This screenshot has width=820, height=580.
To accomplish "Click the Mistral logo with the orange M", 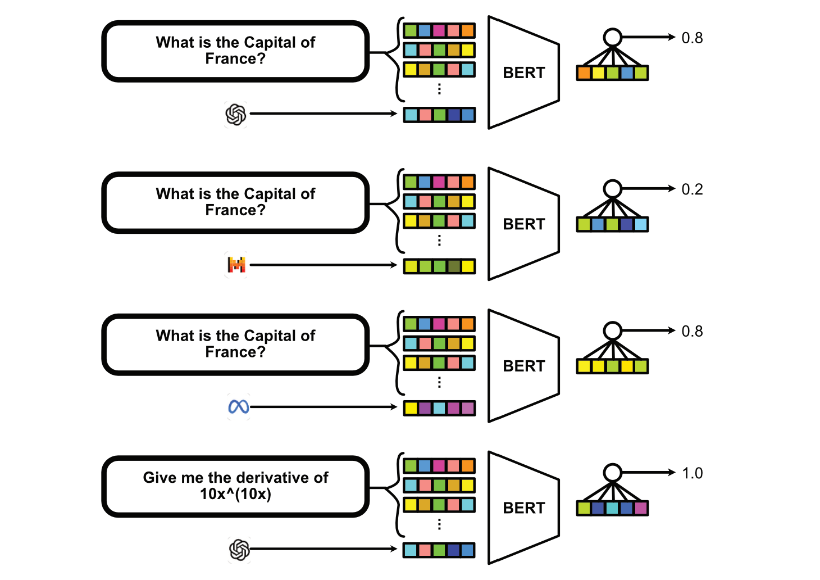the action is point(236,265).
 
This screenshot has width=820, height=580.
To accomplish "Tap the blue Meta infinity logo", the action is point(238,407).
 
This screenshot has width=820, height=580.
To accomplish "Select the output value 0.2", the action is point(692,189).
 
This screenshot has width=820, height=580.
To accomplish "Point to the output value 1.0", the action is point(693,473).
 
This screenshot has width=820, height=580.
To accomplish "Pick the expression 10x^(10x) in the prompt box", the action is point(235,494).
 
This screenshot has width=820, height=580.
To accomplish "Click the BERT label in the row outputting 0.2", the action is point(524,224).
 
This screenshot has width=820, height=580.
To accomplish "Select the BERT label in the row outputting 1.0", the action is point(524,508).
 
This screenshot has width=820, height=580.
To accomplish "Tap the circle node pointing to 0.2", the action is point(612,189).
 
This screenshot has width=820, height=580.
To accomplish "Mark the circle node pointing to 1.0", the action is point(612,473).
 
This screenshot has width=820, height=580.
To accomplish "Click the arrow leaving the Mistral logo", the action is point(324,265).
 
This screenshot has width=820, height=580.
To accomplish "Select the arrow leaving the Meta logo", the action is point(324,407).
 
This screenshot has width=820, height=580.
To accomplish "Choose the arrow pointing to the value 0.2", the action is point(648,189).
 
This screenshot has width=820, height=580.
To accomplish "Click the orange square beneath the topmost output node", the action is point(584,73).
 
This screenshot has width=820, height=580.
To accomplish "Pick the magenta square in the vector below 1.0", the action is point(641,508).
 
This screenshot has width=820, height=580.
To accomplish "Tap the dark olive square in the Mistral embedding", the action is point(454,266).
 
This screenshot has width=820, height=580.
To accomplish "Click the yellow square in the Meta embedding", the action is point(411,408).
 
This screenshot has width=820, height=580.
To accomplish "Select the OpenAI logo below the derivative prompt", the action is point(239,549).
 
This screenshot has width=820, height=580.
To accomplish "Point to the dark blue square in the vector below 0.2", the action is point(626,224).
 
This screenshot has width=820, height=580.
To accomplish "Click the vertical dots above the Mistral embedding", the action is point(439,241).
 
